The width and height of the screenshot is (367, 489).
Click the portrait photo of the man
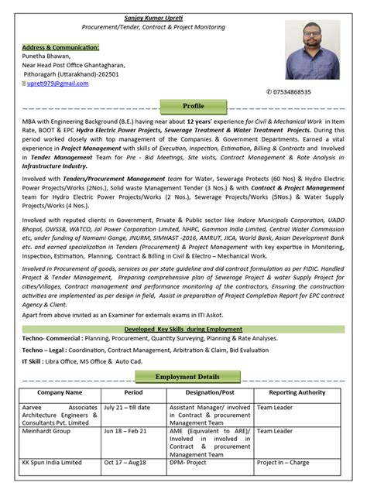(x=313, y=50)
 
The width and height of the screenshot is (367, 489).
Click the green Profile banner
(x=193, y=105)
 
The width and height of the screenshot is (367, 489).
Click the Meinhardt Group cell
(x=46, y=431)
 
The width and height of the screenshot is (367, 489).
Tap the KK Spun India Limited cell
(x=52, y=463)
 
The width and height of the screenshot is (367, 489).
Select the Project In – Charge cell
(x=283, y=463)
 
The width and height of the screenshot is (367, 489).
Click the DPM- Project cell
(x=190, y=463)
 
